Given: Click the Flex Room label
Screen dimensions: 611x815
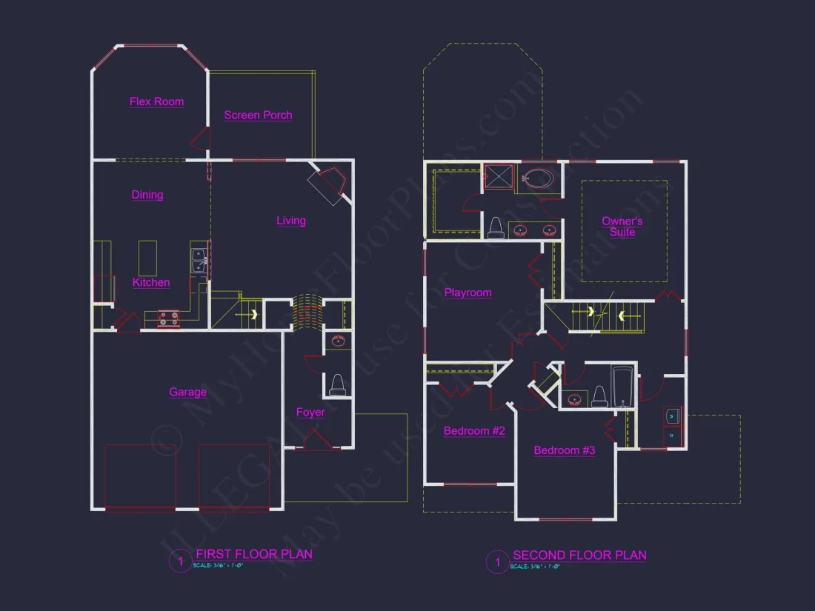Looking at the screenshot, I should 156,101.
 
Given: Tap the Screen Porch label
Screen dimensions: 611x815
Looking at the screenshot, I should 258,115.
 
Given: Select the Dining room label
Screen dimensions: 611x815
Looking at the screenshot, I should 147,195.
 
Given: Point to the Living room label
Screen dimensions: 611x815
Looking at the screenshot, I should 291,220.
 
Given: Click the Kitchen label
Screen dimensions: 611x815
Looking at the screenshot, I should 151,282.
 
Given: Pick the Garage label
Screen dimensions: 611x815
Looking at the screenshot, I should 187,392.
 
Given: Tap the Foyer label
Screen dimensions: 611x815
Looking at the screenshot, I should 310,412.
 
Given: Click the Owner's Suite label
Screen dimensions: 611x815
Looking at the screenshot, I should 622,227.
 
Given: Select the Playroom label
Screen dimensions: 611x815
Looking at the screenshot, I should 468,293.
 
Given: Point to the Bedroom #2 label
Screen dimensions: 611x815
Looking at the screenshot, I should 474,430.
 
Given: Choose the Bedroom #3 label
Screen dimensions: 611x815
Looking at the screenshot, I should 565,450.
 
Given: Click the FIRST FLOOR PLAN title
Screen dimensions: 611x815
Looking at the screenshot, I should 254,554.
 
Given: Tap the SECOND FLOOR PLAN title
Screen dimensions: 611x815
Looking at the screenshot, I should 579,555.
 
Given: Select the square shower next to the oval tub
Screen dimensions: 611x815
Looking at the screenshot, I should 499,178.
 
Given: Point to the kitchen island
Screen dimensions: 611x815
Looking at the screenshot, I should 148,256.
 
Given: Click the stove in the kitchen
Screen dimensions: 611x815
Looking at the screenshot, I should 169,318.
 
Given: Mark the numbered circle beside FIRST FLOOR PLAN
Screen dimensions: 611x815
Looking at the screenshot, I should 179,561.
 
